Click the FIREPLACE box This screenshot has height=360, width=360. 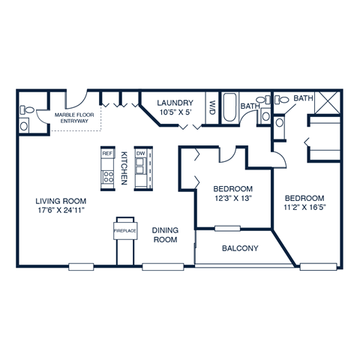(124, 231)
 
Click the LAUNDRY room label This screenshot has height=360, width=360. (176, 103)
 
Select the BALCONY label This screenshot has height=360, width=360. (240, 248)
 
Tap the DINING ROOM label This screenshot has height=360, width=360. (164, 235)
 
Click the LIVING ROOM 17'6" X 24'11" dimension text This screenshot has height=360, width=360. (61, 211)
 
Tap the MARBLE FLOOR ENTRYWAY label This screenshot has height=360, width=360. (72, 117)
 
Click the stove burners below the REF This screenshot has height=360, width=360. (107, 178)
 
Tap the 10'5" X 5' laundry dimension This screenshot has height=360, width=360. (176, 112)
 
